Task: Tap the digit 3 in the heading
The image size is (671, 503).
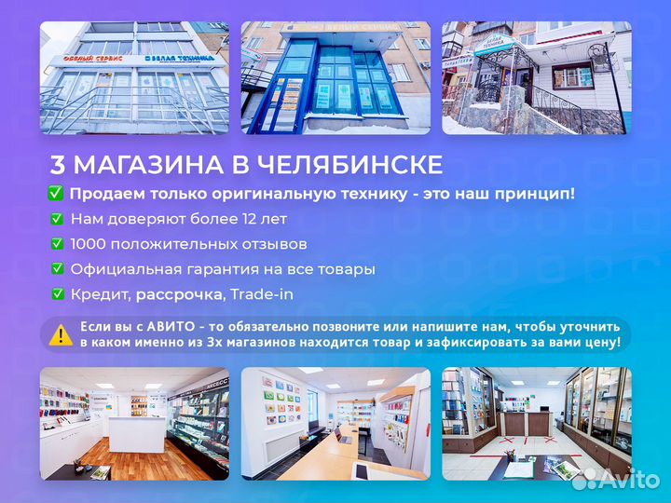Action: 58,166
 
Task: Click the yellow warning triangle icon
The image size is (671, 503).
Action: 61,334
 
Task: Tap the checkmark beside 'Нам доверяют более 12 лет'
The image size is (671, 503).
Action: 56,219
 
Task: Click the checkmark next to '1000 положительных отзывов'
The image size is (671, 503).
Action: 56,244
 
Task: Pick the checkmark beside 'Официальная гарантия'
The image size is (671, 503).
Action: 56,269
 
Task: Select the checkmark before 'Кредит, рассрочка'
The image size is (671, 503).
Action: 56,294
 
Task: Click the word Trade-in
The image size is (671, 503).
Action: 262,294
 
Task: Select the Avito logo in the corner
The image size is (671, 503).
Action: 614,479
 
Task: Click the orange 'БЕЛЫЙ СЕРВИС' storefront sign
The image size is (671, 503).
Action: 92,60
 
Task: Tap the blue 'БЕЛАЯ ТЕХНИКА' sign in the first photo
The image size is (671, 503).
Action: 183,58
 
